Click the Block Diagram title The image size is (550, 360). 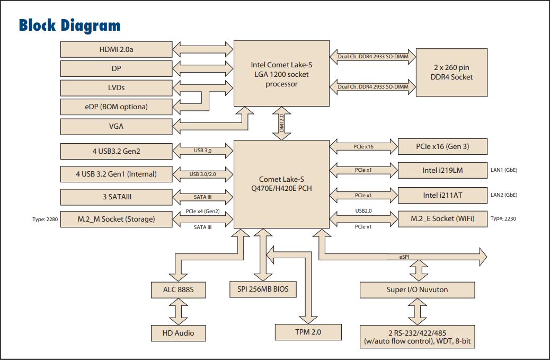click(x=69, y=25)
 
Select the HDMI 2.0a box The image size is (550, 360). click(x=117, y=49)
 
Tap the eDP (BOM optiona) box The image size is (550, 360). click(x=117, y=107)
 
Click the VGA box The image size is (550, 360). click(x=117, y=127)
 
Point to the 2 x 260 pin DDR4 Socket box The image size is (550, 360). click(x=451, y=72)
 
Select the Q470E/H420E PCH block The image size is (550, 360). click(x=281, y=184)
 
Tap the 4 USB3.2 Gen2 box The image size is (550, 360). click(x=117, y=151)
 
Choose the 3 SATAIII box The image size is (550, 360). click(x=117, y=197)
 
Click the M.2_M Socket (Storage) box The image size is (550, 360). click(x=117, y=219)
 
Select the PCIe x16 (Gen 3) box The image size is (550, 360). click(x=442, y=146)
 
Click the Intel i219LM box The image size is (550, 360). click(x=442, y=170)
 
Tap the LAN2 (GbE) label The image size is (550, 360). click(x=504, y=195)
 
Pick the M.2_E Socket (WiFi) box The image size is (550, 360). click(x=442, y=219)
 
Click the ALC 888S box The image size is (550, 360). click(x=178, y=290)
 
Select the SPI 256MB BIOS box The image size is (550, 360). click(x=263, y=289)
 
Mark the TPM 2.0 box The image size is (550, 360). click(x=308, y=332)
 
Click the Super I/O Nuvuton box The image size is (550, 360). click(x=417, y=290)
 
